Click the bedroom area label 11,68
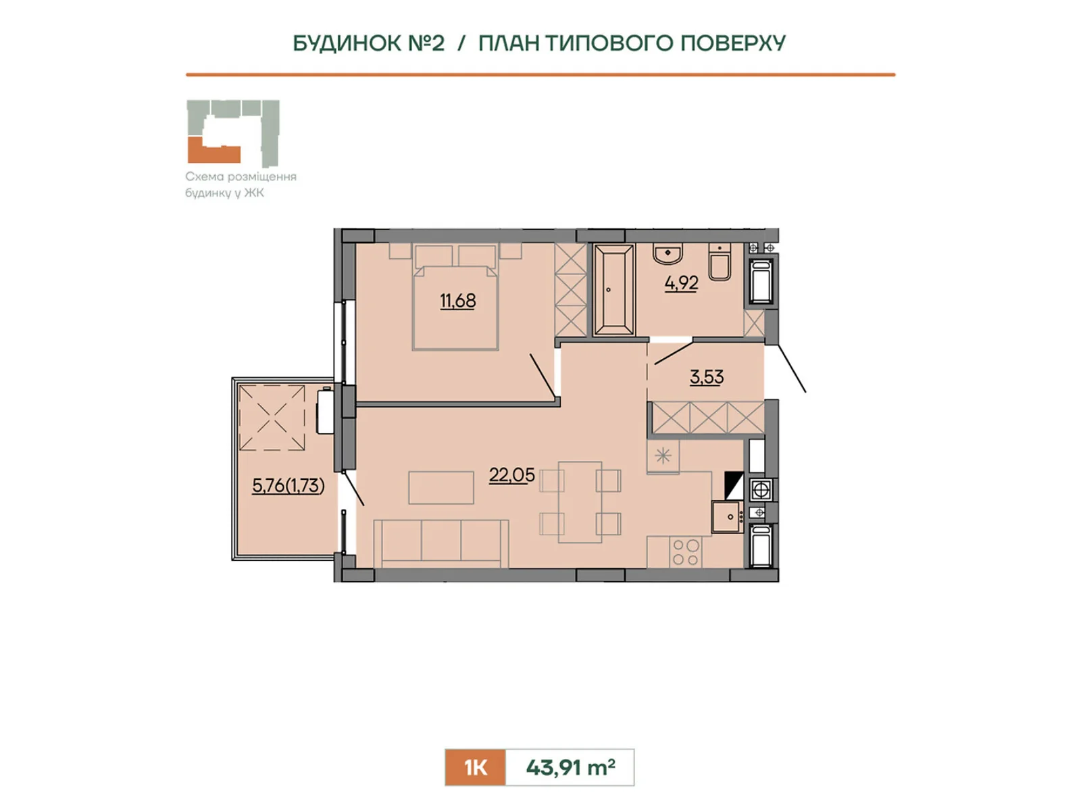point(457,300)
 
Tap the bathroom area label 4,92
point(682,283)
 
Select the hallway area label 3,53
point(707,377)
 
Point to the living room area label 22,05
point(511,475)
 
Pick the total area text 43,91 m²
point(570,767)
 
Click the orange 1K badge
point(475,767)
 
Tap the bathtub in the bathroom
point(613,290)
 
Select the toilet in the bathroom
point(720,262)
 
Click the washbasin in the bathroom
point(668,253)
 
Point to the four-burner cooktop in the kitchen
point(686,552)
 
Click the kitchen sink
point(727,516)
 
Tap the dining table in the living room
point(580,502)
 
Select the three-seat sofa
point(441,543)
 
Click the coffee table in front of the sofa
point(441,487)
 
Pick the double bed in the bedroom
point(455,297)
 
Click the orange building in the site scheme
point(213,149)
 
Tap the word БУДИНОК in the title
point(347,43)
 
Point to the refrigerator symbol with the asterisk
point(663,456)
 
